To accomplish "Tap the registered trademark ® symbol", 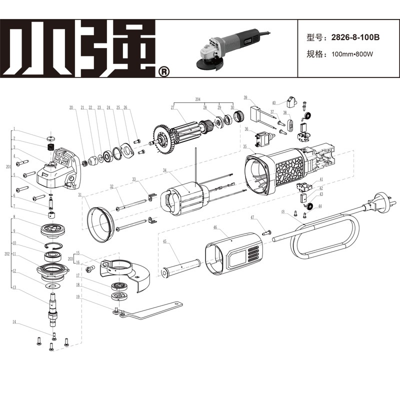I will point(164,72).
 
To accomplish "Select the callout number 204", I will point(197,98).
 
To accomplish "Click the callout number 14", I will point(14,323).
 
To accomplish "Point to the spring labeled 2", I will point(51,147).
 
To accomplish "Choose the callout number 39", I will point(245,97).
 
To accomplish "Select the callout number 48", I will point(282,212).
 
